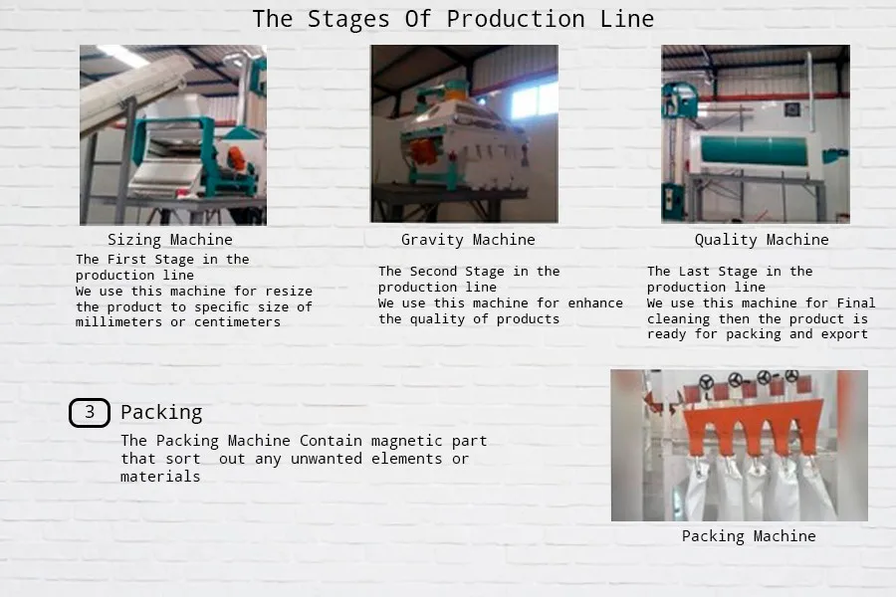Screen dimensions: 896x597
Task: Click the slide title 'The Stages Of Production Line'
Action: coord(453,19)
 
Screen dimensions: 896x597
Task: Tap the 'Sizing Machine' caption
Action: coord(170,240)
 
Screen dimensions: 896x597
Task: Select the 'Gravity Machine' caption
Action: coord(468,240)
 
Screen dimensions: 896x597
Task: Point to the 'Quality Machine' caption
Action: coord(762,240)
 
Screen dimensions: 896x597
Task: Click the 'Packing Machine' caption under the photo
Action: coord(749,536)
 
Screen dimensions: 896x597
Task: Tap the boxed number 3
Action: coord(90,412)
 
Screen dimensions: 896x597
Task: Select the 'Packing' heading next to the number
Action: coord(161,412)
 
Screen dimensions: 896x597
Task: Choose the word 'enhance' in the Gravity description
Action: coord(595,303)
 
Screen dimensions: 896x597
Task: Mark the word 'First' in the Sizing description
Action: coord(128,260)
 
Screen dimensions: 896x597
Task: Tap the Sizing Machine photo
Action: coord(173,134)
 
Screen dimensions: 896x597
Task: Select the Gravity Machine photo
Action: coord(464,134)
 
